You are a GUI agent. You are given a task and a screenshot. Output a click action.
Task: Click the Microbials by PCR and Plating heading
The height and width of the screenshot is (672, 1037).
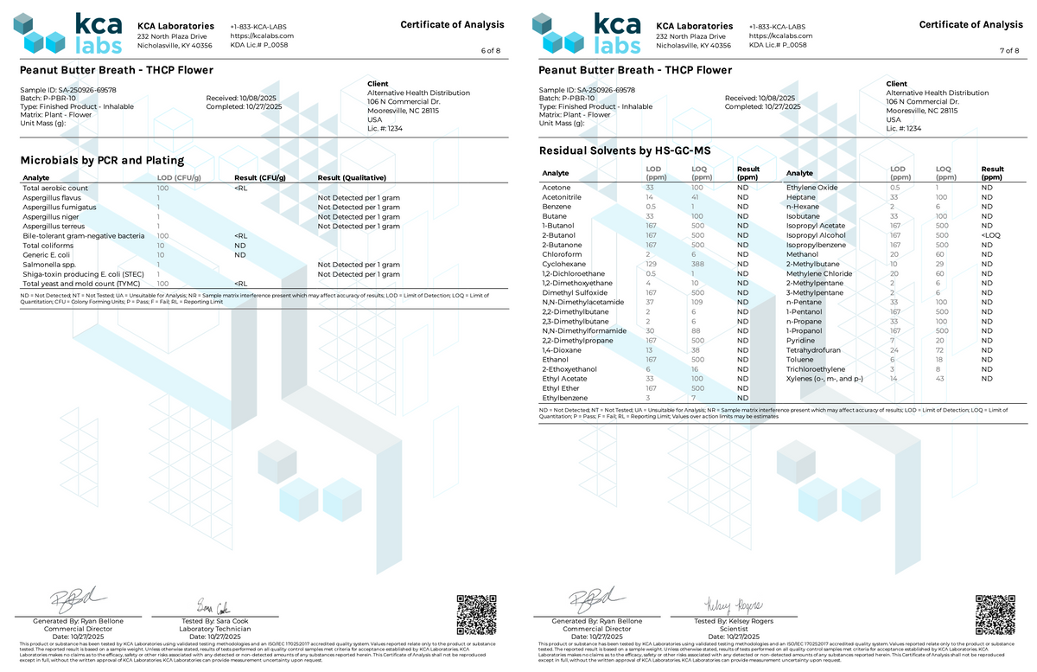pyautogui.click(x=102, y=160)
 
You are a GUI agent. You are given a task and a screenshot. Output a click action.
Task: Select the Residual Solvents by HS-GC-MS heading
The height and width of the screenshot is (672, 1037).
pyautogui.click(x=624, y=151)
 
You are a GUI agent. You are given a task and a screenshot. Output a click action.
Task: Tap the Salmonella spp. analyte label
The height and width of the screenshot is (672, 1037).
pyautogui.click(x=47, y=265)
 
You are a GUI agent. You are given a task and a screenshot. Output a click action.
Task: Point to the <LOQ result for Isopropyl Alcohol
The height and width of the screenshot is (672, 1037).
pyautogui.click(x=989, y=235)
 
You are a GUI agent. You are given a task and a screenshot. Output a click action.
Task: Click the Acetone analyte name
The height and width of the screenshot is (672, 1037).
pyautogui.click(x=556, y=188)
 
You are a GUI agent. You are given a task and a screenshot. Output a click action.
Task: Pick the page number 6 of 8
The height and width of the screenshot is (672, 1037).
pyautogui.click(x=490, y=51)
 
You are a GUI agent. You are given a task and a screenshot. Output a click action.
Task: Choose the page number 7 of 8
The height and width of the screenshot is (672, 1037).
pyautogui.click(x=1008, y=51)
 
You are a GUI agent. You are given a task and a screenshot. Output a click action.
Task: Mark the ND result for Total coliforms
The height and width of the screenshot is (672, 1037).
pyautogui.click(x=239, y=246)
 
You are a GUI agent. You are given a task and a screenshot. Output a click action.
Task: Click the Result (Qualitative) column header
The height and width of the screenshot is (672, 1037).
pyautogui.click(x=351, y=178)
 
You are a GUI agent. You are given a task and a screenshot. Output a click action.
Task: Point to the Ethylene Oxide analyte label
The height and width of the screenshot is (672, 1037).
pyautogui.click(x=811, y=188)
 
